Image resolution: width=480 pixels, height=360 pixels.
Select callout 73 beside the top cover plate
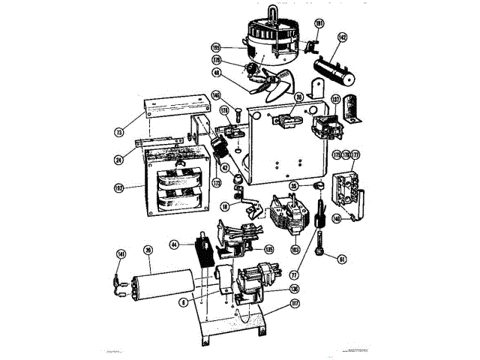click(118, 132)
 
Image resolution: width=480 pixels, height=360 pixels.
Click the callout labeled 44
click(174, 244)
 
